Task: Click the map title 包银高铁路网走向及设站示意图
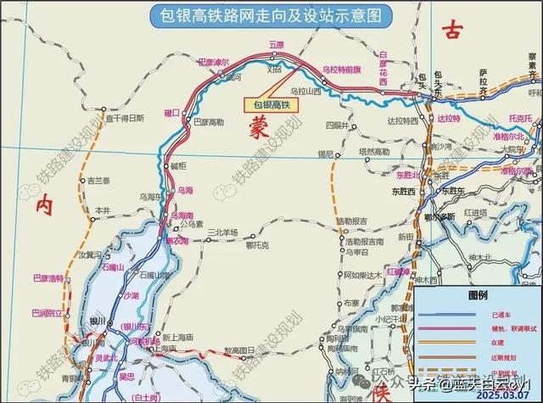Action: pyautogui.click(x=271, y=14)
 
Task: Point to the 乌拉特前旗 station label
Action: pyautogui.click(x=342, y=69)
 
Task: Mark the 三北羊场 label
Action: pyautogui.click(x=219, y=232)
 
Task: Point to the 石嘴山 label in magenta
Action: pyautogui.click(x=113, y=268)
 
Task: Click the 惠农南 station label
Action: pyautogui.click(x=176, y=241)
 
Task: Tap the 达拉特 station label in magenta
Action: pyautogui.click(x=443, y=119)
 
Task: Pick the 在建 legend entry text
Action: pyautogui.click(x=479, y=341)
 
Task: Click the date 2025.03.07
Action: pyautogui.click(x=506, y=395)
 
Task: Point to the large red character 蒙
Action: pyautogui.click(x=258, y=126)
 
